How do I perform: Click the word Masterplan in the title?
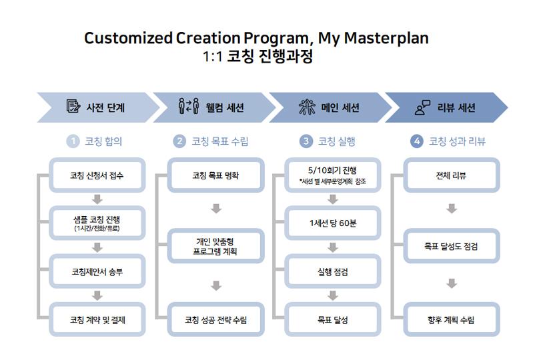(386, 38)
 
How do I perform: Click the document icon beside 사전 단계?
(73, 106)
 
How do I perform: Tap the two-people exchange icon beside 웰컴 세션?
(189, 106)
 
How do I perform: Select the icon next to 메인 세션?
(308, 107)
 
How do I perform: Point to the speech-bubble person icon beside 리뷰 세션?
(423, 107)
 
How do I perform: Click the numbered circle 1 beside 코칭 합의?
(73, 141)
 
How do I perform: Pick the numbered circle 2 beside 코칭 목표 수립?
(179, 141)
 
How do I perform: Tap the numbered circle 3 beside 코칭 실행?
(306, 141)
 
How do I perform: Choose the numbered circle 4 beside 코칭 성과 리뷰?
(417, 141)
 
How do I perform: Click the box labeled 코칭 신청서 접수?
(97, 175)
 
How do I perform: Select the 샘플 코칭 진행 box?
(97, 223)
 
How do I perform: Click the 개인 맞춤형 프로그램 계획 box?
(216, 246)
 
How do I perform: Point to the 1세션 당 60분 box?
(333, 223)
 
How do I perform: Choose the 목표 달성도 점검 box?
(452, 246)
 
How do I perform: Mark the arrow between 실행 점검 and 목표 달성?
(333, 296)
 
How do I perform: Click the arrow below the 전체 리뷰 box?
(452, 209)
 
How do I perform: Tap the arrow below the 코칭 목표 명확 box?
(216, 209)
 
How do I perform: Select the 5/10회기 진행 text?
(332, 170)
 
